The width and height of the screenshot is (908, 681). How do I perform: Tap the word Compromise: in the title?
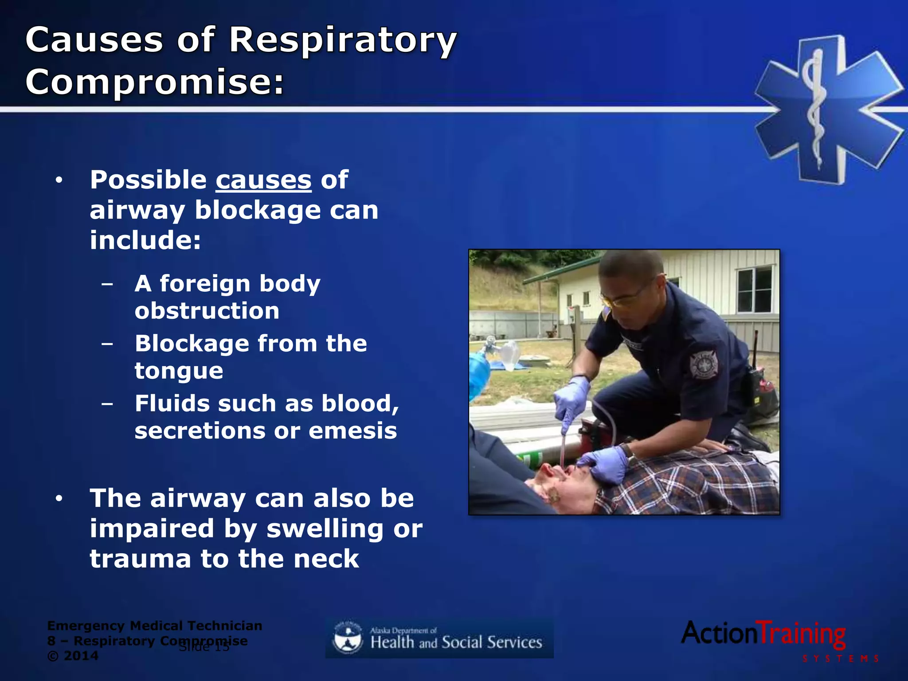(x=154, y=82)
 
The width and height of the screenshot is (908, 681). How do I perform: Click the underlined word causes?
(x=263, y=180)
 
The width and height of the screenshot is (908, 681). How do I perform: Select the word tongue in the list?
(x=179, y=371)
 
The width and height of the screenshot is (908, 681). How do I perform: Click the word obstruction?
(x=207, y=311)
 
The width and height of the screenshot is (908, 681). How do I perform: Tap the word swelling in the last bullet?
(x=325, y=529)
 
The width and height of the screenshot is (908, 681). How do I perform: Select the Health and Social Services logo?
(x=439, y=639)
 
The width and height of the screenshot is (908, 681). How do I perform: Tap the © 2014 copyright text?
(x=73, y=656)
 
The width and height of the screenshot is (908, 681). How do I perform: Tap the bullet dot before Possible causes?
(x=59, y=181)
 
